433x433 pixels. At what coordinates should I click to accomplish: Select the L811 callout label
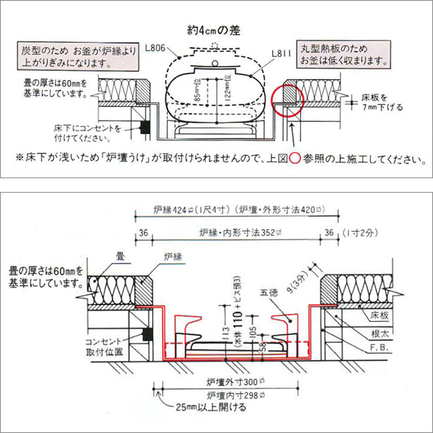tap(281, 53)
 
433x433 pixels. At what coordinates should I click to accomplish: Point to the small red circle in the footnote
tap(294, 159)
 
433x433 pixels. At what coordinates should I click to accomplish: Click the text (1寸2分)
tap(362, 232)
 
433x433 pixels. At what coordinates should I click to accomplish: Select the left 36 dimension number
tap(143, 232)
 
